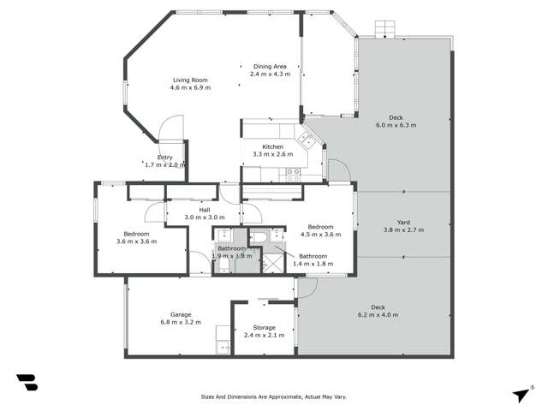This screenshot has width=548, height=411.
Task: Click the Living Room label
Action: click(x=190, y=78)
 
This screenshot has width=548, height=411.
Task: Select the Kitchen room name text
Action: click(x=267, y=146)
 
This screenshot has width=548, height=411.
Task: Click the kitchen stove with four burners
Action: click(x=293, y=172)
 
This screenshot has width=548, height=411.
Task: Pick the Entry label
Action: click(x=164, y=157)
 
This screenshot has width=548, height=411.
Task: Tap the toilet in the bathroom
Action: click(x=259, y=236)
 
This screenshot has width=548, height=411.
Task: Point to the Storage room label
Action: click(x=265, y=327)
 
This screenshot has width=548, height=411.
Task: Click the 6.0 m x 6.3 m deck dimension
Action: click(x=396, y=125)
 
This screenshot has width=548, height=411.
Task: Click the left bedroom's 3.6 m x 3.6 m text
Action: click(x=136, y=242)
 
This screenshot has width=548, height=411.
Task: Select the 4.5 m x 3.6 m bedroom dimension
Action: click(x=320, y=235)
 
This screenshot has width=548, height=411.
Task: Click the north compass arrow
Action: click(x=521, y=393)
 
